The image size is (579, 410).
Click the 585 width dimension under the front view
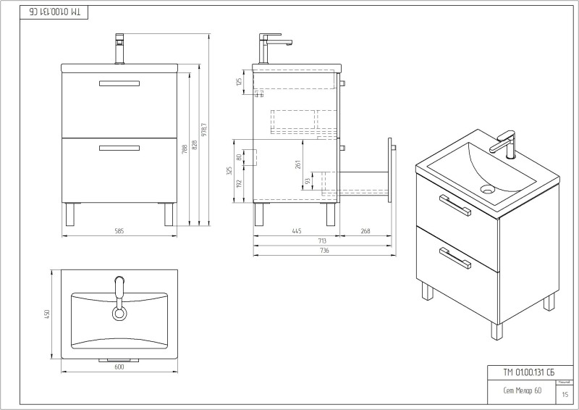119,231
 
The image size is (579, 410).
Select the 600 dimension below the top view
119,367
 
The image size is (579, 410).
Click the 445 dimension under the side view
296,231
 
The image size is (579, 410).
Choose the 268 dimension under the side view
365,231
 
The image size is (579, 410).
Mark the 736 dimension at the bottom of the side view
324,250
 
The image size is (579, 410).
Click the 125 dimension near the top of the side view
239,82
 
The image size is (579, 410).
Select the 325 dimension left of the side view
230,171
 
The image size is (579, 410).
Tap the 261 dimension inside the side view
297,165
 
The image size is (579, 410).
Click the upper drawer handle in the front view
119,83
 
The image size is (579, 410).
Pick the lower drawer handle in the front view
119,148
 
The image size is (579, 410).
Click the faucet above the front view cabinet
120,48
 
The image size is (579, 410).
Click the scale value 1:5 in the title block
565,395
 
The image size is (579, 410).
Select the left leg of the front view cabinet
69,214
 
